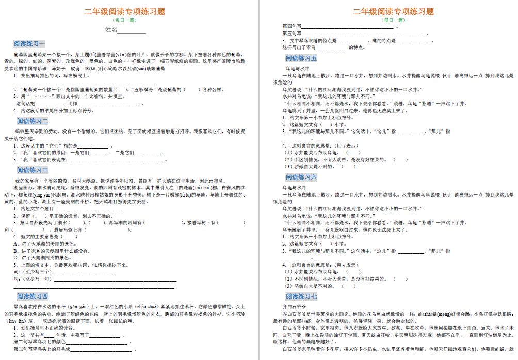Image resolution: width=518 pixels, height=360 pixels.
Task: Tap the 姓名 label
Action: tap(111, 30)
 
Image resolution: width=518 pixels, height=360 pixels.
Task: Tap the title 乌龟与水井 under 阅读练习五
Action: tap(297, 68)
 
